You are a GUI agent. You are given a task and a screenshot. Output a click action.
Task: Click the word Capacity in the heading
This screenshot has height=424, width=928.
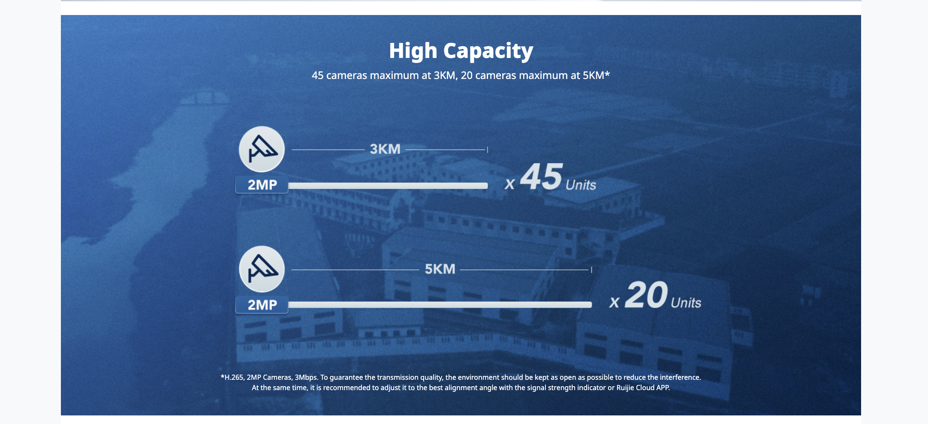click(x=488, y=51)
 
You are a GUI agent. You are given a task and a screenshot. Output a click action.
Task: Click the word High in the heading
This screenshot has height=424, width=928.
click(x=413, y=51)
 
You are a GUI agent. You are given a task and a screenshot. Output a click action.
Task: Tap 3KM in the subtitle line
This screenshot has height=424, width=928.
click(x=444, y=76)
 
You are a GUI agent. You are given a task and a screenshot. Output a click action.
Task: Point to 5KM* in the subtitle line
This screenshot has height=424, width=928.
click(x=596, y=76)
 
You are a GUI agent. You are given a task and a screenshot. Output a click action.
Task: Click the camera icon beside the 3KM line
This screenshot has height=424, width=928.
click(x=262, y=149)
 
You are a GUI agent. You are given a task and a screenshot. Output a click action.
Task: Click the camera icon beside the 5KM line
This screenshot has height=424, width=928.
click(x=262, y=269)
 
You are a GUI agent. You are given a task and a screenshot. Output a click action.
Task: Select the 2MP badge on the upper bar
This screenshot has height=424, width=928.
click(x=262, y=185)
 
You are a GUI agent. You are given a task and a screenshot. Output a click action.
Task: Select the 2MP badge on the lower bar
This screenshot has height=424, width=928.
click(x=262, y=305)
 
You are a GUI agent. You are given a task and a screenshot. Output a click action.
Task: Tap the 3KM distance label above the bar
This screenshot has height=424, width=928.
click(x=385, y=149)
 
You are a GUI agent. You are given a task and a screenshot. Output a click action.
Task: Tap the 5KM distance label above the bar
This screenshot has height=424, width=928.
click(x=440, y=269)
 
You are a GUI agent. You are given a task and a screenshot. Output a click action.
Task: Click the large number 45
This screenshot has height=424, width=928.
click(x=541, y=176)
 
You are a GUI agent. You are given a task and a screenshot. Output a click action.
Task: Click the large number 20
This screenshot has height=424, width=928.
click(x=646, y=295)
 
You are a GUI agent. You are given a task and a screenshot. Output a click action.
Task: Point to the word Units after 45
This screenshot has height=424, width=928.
click(x=581, y=185)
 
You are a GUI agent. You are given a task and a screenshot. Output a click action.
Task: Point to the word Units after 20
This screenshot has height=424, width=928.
click(x=686, y=303)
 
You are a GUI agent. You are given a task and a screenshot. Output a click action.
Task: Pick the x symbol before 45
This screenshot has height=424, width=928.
click(x=509, y=185)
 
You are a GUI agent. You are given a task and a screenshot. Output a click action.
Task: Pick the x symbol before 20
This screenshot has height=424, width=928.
click(x=615, y=303)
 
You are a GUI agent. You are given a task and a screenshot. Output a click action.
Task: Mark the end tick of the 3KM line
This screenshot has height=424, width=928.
click(x=488, y=149)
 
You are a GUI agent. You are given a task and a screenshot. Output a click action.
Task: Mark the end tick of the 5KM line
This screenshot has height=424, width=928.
click(x=591, y=270)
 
